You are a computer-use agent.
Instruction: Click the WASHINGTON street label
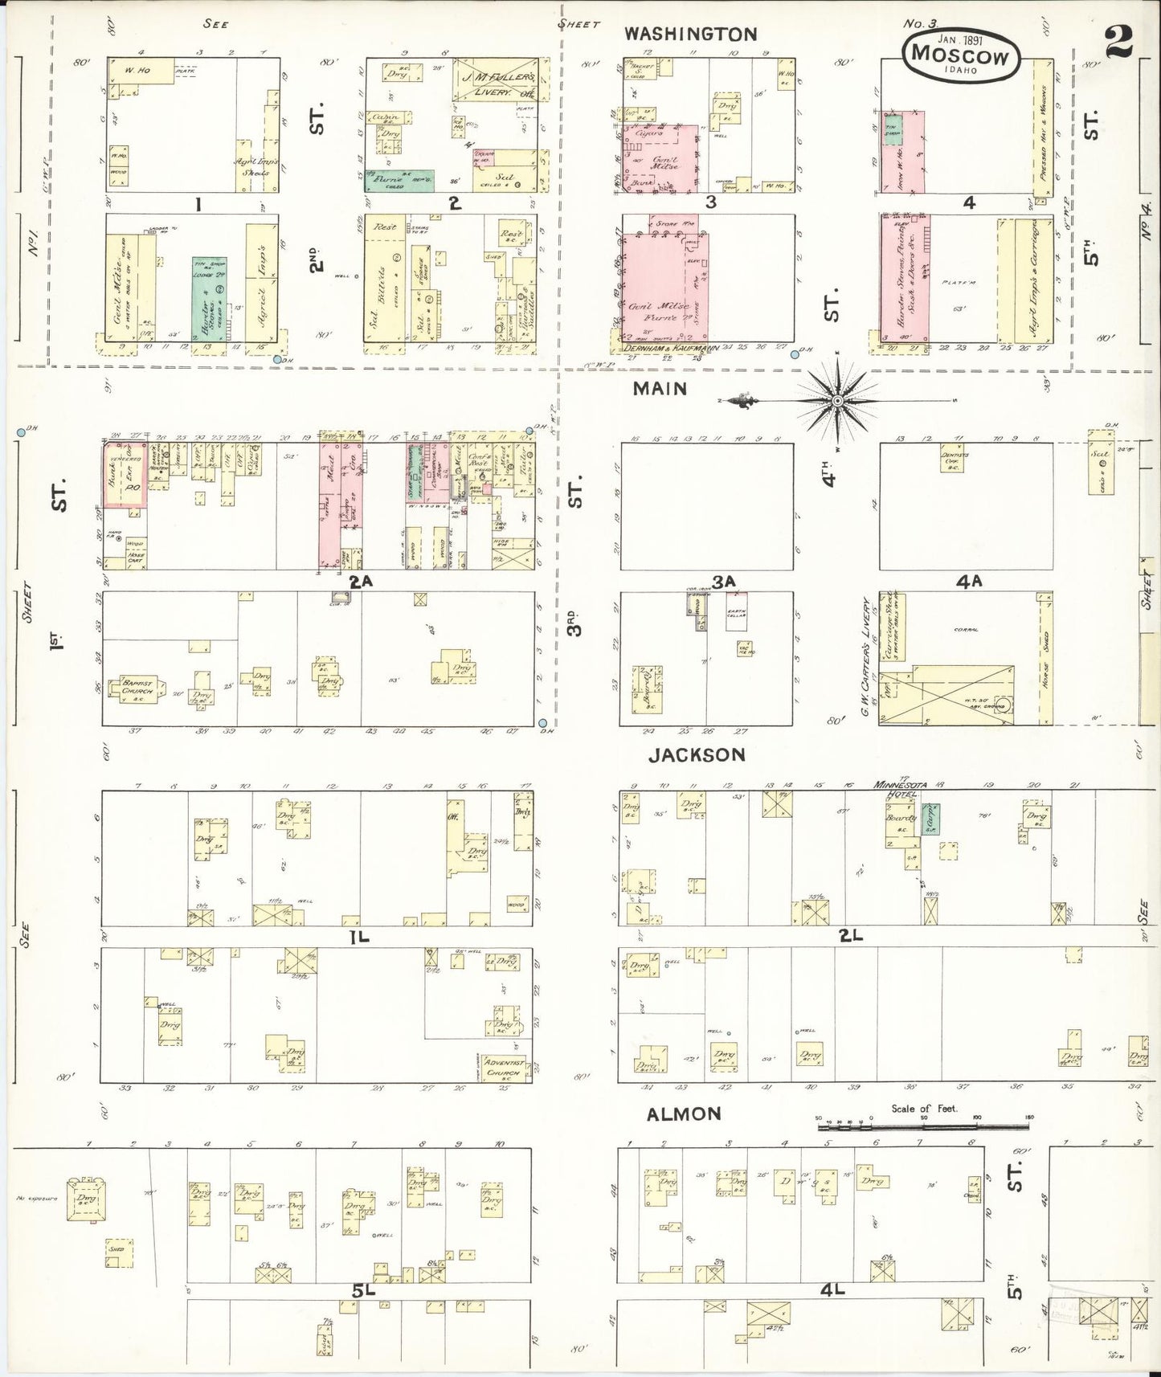pyautogui.click(x=690, y=34)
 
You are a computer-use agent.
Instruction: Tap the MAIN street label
pyautogui.click(x=659, y=389)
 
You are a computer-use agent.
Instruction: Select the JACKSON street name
pyautogui.click(x=697, y=754)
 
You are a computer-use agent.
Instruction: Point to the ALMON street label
pyautogui.click(x=685, y=1113)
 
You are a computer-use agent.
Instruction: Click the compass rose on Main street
pyautogui.click(x=836, y=399)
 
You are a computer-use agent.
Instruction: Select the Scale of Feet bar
pyautogui.click(x=924, y=1127)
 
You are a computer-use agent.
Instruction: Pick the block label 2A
pyautogui.click(x=362, y=579)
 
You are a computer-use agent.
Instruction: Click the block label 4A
pyautogui.click(x=970, y=581)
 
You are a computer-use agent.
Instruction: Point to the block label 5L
pyautogui.click(x=363, y=1291)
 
